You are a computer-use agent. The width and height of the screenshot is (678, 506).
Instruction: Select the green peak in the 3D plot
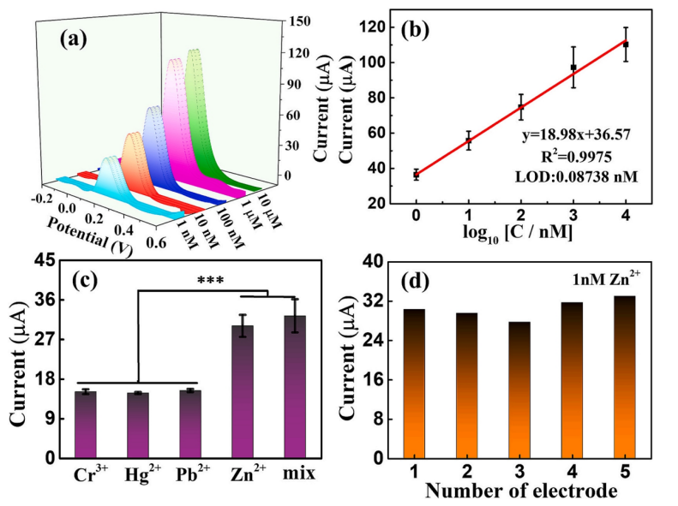pyautogui.click(x=195, y=94)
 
